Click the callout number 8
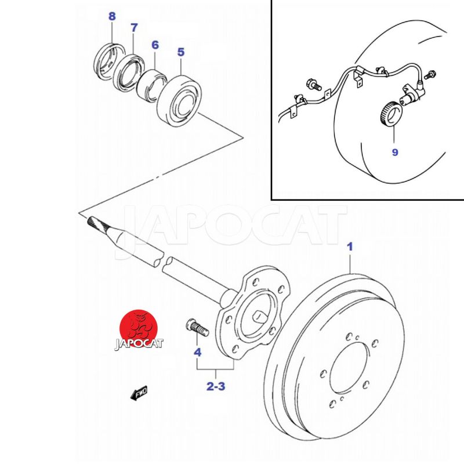click(112, 16)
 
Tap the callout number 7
click(134, 28)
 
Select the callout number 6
click(155, 45)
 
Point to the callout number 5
click(181, 52)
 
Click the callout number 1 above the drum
click(350, 247)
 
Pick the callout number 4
click(198, 353)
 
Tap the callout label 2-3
click(216, 386)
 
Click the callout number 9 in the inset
click(395, 153)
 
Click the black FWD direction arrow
click(139, 393)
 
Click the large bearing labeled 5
click(180, 100)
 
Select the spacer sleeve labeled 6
click(153, 85)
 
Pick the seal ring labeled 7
click(129, 72)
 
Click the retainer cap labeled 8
click(109, 62)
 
